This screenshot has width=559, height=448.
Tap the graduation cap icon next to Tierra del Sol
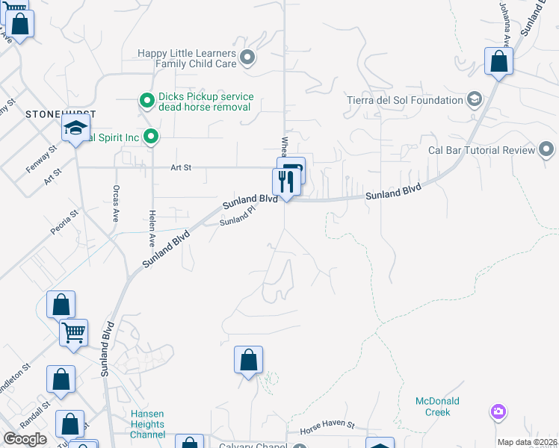pos(474,99)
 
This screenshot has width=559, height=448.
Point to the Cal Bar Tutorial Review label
pos(481,150)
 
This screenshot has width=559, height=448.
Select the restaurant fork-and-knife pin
pos(285,181)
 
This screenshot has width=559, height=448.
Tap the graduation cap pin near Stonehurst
pos(76,129)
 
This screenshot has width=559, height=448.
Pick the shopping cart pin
pos(74,333)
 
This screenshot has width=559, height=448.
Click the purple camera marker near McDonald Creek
pos(498,411)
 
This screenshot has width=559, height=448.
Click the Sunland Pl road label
pos(237,220)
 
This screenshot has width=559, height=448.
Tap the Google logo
pos(25,439)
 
